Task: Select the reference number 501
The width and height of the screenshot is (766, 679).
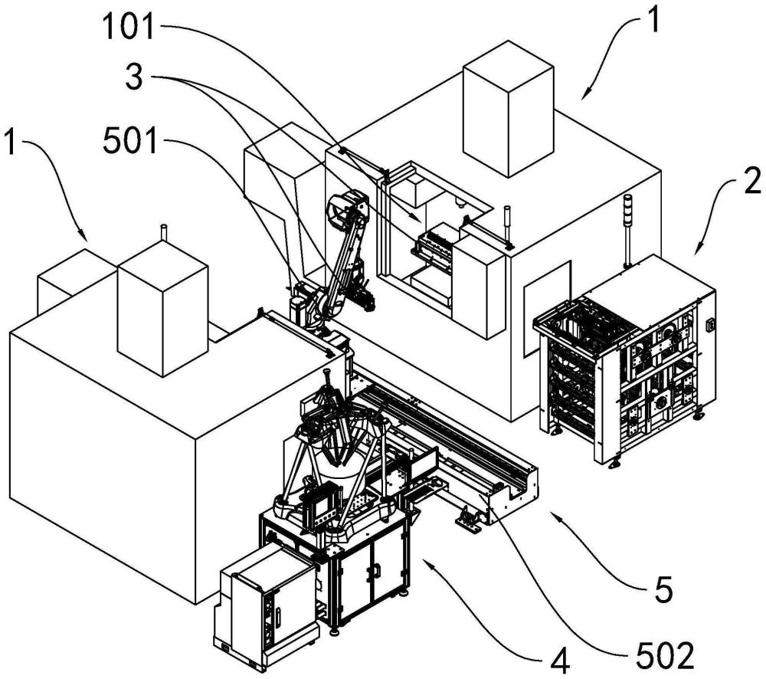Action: tap(130, 143)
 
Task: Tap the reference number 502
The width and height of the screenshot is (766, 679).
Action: tap(666, 655)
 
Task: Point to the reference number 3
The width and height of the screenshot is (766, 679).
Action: tap(134, 78)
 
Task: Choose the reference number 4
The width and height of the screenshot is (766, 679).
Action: tap(561, 662)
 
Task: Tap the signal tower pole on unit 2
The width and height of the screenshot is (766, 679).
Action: tap(627, 231)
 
